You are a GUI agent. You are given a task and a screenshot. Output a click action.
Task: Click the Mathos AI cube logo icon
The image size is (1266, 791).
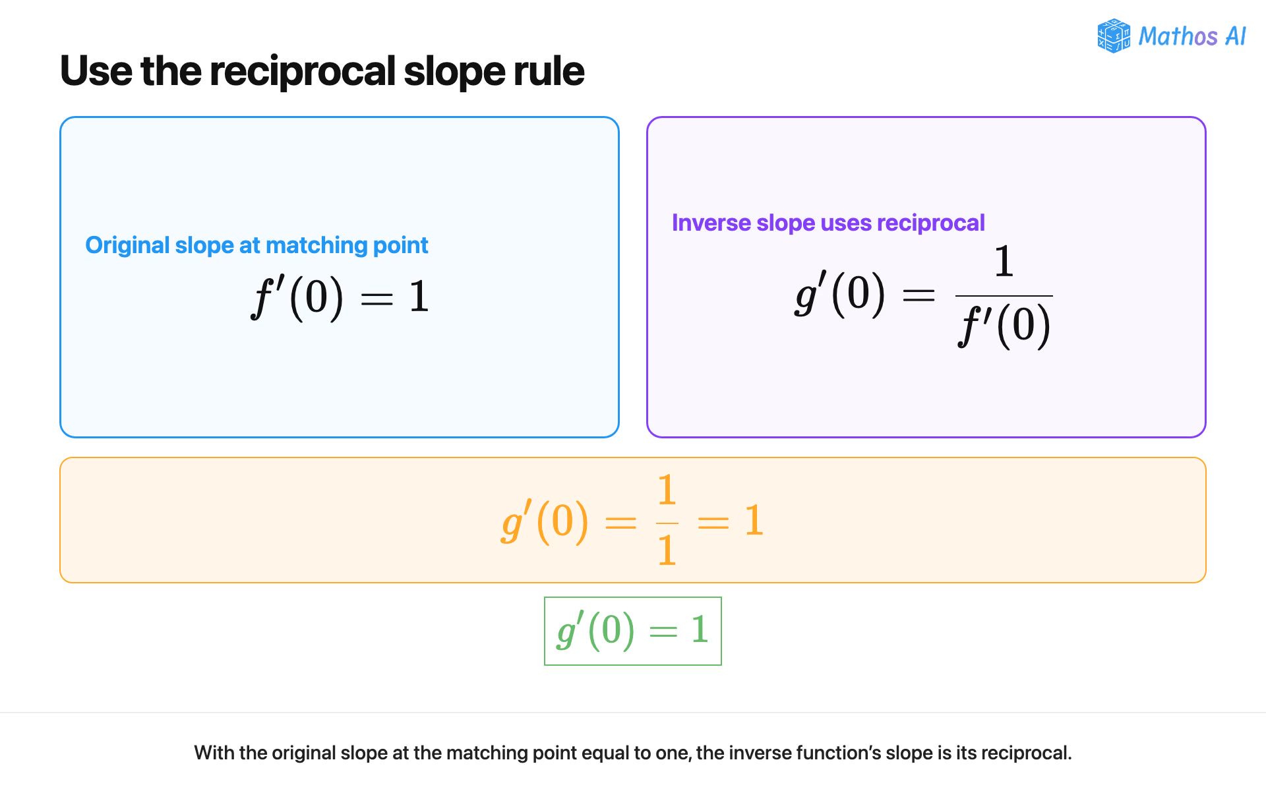click(1114, 36)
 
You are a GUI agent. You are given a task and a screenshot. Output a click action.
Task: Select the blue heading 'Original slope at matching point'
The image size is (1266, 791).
click(256, 245)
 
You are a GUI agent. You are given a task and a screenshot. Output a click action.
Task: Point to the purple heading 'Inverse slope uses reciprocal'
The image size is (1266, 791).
click(828, 223)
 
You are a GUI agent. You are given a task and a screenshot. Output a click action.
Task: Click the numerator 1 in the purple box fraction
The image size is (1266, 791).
click(1004, 261)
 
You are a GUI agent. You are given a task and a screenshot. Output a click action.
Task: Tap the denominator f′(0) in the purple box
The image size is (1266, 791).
click(1004, 325)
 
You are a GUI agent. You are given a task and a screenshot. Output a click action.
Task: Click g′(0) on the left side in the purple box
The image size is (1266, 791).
click(840, 294)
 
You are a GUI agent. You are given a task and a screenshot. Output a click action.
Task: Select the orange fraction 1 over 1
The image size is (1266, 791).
click(667, 519)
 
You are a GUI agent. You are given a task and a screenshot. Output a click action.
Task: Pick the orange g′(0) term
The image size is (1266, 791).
click(545, 521)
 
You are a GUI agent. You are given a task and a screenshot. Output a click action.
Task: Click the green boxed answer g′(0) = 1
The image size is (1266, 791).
click(633, 631)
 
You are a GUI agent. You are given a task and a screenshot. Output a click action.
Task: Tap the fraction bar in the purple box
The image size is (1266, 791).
click(1004, 295)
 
